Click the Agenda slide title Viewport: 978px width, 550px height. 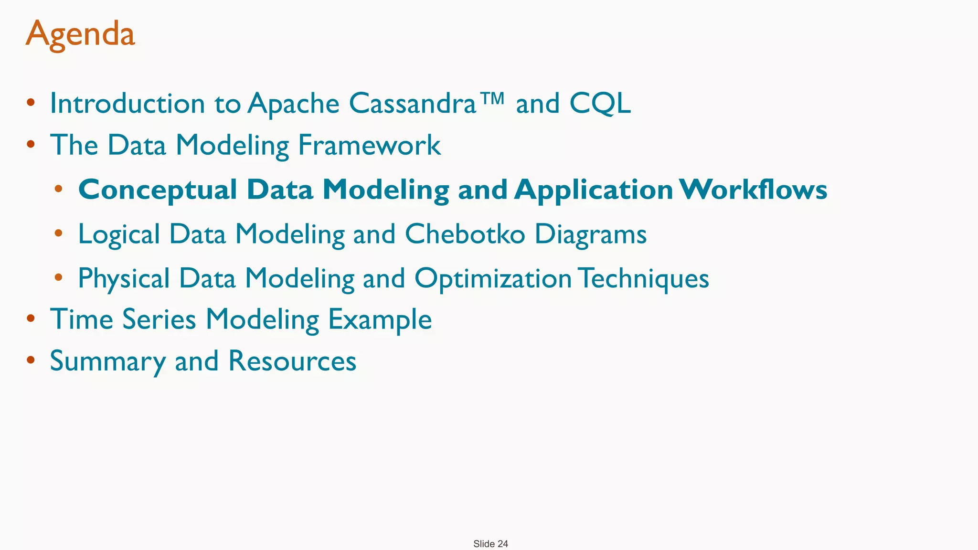coord(80,34)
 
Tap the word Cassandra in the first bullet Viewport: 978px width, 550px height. coord(413,103)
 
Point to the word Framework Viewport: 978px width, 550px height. coord(369,145)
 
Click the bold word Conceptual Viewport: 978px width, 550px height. coord(158,190)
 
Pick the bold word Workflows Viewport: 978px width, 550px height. coord(754,190)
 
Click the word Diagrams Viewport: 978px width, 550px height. coord(590,235)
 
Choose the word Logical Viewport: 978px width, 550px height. coord(119,235)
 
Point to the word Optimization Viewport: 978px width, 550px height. coord(493,279)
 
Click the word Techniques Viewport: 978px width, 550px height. coord(645,279)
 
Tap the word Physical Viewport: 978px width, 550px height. coord(124,279)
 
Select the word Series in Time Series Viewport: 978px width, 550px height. coord(159,319)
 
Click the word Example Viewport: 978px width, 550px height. coord(380,320)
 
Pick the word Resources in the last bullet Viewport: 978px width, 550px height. coord(292,361)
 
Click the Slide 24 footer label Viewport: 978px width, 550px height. coord(490,544)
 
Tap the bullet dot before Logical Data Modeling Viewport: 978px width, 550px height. coord(59,233)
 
